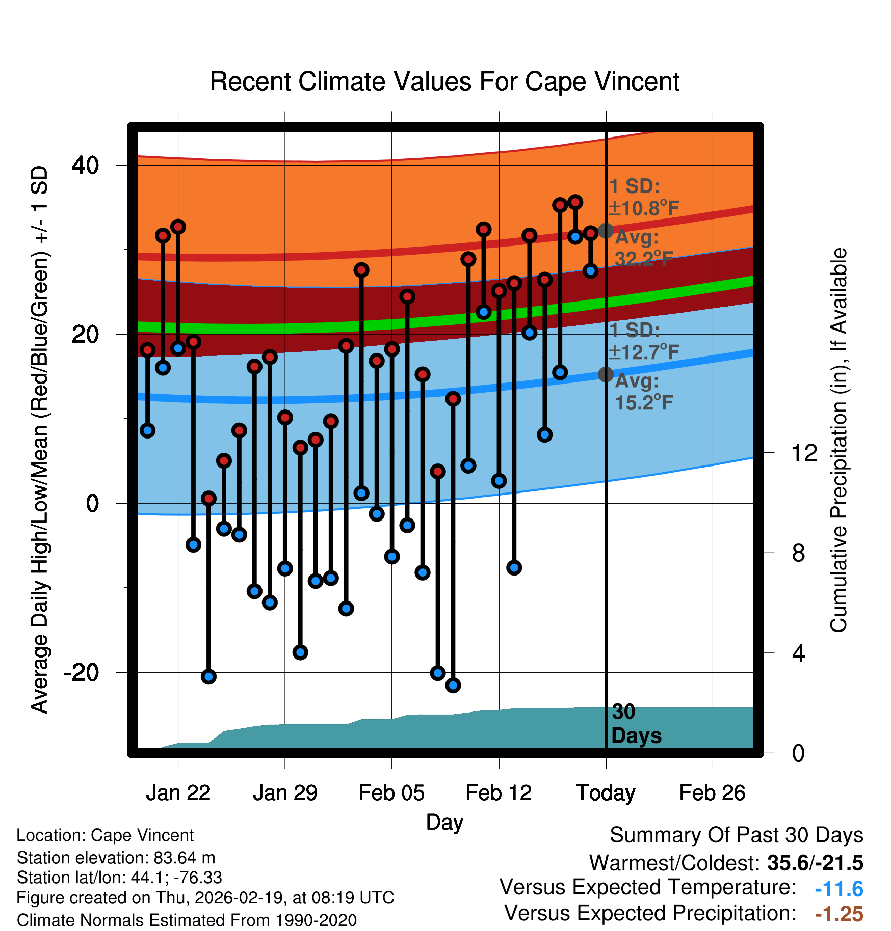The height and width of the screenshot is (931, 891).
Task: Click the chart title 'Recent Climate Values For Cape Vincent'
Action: click(x=444, y=81)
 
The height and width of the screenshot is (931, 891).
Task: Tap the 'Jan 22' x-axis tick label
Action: click(x=178, y=793)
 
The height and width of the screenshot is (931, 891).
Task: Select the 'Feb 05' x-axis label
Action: click(x=391, y=793)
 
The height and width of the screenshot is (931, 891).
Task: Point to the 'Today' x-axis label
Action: click(x=606, y=793)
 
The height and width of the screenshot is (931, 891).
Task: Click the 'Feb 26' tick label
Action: click(x=712, y=793)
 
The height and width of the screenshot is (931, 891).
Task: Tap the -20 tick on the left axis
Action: click(x=82, y=673)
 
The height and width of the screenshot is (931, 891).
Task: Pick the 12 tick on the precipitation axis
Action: click(x=804, y=453)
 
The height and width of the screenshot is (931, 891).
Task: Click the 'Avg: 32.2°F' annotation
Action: click(x=643, y=248)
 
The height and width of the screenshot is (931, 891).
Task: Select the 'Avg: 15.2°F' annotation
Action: click(x=643, y=392)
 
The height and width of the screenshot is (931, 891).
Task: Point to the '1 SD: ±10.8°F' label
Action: click(x=643, y=197)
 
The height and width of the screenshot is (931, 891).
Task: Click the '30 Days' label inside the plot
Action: click(x=636, y=724)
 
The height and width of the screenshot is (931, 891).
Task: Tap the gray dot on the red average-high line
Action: click(x=606, y=231)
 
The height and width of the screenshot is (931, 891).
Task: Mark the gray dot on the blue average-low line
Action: click(x=606, y=375)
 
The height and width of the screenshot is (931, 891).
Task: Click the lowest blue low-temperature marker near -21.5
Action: click(x=453, y=686)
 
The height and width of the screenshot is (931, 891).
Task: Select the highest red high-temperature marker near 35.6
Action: click(x=575, y=202)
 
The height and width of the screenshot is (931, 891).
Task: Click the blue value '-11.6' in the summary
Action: click(x=838, y=889)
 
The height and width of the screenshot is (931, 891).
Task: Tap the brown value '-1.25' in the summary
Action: click(x=838, y=914)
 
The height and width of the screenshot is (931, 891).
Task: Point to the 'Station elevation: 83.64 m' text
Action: click(x=116, y=858)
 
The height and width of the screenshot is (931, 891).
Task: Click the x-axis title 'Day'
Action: click(x=444, y=822)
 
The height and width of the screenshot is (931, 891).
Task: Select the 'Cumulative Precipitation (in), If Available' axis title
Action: click(x=838, y=440)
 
